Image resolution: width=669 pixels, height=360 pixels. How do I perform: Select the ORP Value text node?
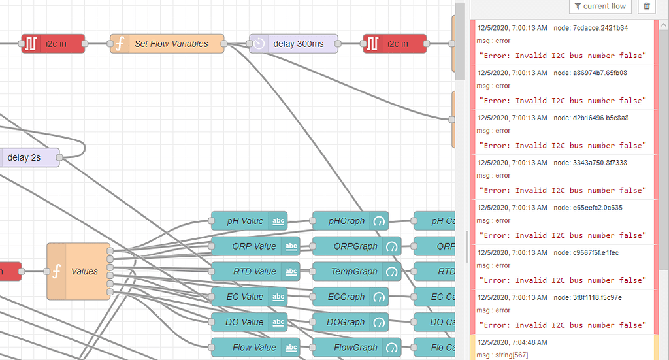[254, 246]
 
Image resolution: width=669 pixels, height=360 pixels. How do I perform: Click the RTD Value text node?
[254, 271]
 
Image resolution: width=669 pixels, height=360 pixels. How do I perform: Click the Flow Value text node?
[254, 348]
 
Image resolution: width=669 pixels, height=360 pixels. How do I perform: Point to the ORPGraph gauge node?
[356, 246]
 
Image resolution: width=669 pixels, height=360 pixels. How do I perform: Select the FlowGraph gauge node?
[356, 348]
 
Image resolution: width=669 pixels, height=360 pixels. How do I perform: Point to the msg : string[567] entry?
[502, 355]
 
